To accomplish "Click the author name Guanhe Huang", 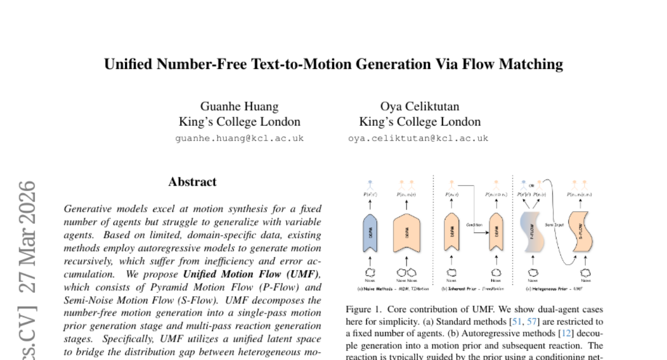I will click(x=240, y=106).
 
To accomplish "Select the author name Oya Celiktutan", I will click(x=420, y=106).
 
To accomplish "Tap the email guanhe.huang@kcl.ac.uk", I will click(x=240, y=138).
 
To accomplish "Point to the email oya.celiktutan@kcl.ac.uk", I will click(x=418, y=138).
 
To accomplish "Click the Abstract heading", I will click(x=192, y=182).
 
